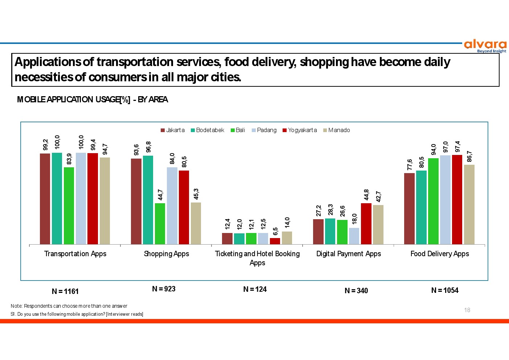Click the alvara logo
485,46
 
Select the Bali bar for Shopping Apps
160,224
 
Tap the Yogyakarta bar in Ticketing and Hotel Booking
275,241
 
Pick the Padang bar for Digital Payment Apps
354,236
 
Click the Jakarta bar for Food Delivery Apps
409,209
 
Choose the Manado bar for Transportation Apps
105,201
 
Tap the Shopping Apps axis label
167,254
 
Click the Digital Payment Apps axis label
349,254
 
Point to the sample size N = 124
255,289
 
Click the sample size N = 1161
65,291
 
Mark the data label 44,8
366,195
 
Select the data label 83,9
69,159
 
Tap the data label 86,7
469,156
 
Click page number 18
467,310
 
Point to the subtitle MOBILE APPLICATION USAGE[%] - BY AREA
93,99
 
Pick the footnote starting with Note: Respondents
69,306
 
